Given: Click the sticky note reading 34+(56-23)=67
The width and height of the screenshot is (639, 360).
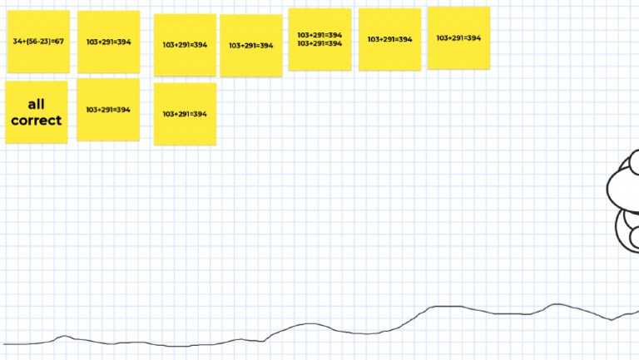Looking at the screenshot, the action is click(x=38, y=42).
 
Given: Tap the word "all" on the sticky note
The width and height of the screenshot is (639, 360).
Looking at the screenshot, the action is click(x=36, y=105).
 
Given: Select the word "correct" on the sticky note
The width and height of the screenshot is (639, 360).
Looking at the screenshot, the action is click(x=36, y=121).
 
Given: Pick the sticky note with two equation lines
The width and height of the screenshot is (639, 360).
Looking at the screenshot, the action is click(x=319, y=39).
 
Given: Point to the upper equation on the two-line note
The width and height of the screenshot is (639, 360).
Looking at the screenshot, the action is click(x=319, y=35).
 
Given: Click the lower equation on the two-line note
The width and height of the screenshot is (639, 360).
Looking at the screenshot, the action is click(x=319, y=43).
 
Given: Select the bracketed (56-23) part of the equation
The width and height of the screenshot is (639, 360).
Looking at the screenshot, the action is click(x=38, y=42).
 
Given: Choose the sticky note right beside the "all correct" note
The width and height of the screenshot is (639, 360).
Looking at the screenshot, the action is click(x=108, y=110).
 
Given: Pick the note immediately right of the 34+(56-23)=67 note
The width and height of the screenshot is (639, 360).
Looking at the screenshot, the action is click(x=108, y=42).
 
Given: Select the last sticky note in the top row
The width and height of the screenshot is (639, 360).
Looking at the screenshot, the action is click(x=458, y=38).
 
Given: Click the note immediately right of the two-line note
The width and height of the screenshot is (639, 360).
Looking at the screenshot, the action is click(x=389, y=39).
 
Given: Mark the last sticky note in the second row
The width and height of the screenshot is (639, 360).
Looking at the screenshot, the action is click(x=185, y=114).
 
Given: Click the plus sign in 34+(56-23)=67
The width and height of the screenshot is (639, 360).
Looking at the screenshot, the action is click(x=23, y=42).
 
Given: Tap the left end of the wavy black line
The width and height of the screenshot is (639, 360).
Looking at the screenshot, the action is click(x=5, y=343).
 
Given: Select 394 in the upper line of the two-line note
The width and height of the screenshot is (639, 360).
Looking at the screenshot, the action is click(x=334, y=35).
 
